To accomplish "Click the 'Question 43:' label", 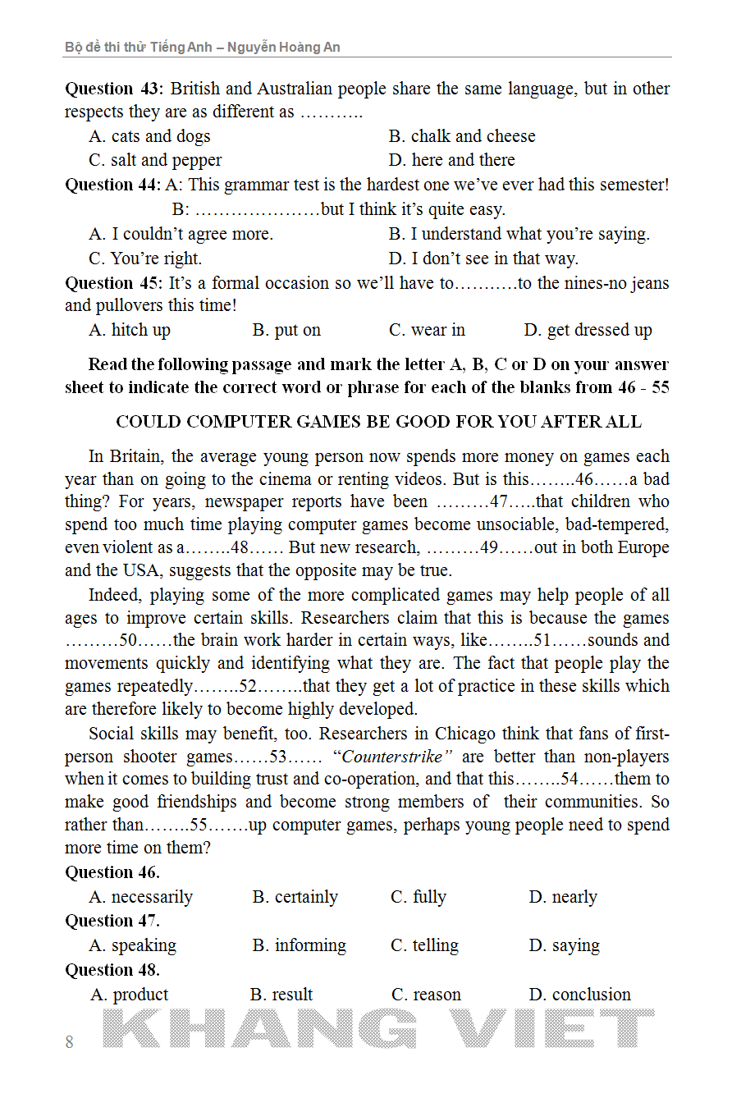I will click(x=114, y=89).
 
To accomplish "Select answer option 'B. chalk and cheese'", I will click(x=461, y=136).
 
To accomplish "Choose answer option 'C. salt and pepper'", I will click(x=155, y=160).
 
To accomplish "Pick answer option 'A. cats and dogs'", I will click(x=149, y=136).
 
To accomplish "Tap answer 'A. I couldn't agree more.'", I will click(x=181, y=234).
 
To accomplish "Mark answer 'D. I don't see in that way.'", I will click(x=483, y=258).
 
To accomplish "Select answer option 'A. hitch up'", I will click(x=130, y=330).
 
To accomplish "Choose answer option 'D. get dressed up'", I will click(x=588, y=330).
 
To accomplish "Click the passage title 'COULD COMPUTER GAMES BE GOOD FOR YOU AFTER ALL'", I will click(x=378, y=422).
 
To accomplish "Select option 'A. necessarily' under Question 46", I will click(x=140, y=897).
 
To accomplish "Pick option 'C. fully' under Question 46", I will click(x=418, y=897).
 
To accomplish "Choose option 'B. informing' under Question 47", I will click(x=299, y=945).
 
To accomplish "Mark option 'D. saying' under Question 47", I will click(x=564, y=945).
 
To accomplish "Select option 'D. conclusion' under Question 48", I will click(x=579, y=995).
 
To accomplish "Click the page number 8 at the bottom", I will click(x=69, y=1042).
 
